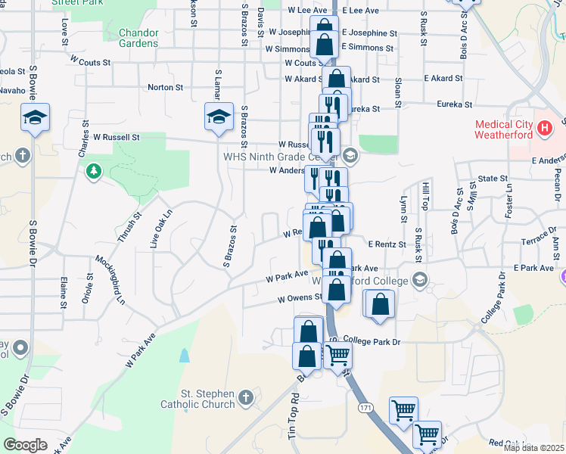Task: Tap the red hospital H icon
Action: tap(544, 129)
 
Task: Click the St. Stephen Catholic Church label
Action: tap(197, 399)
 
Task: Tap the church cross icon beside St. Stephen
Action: tap(245, 397)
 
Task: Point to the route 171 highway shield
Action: tap(365, 407)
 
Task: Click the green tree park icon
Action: tap(94, 172)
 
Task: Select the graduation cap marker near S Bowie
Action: tap(35, 119)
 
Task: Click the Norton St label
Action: tap(165, 88)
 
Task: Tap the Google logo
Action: tap(26, 444)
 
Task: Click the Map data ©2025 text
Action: tap(533, 448)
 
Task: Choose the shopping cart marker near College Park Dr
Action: tap(337, 353)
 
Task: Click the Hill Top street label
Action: tap(425, 196)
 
